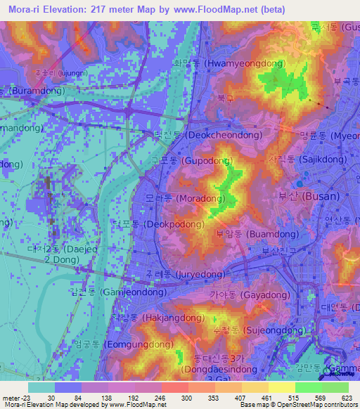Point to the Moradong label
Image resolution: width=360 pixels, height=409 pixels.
pos(181,199)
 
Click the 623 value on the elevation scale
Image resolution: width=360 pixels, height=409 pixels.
pos(347,397)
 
